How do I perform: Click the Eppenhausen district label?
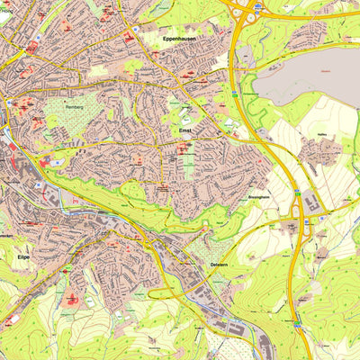(180, 40)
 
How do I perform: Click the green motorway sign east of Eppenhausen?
(235, 92)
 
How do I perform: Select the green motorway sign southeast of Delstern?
(296, 322)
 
